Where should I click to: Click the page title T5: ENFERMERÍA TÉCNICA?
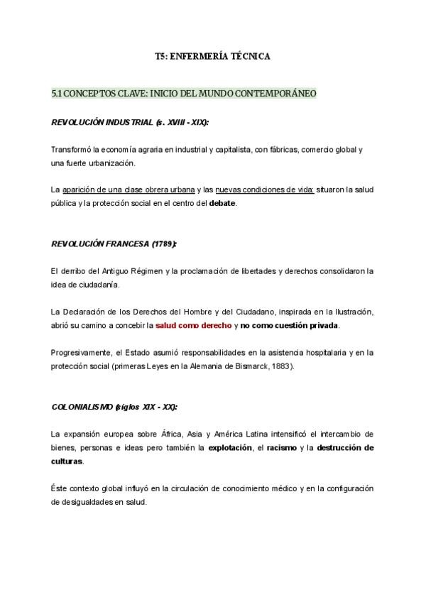[212, 55]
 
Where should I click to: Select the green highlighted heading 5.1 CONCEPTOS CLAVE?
[184, 93]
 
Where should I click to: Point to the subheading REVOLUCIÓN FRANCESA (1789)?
[114, 243]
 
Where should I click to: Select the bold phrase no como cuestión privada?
[290, 325]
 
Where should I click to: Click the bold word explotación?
[230, 447]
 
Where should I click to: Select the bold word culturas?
[67, 461]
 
